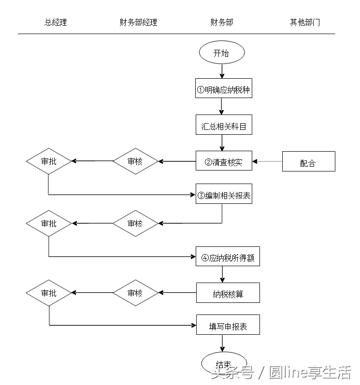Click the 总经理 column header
[x=56, y=22]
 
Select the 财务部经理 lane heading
[x=138, y=22]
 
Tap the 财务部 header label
[x=222, y=22]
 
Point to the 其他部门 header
[x=304, y=22]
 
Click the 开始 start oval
[x=222, y=53]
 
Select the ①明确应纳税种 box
[x=224, y=89]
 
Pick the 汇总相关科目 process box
[x=224, y=126]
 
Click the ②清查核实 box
[x=224, y=161]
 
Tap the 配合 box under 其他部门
[x=308, y=162]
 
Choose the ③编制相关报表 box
[x=224, y=195]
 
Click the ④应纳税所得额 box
[x=228, y=257]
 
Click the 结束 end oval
[x=224, y=363]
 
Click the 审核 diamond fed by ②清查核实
[x=135, y=161]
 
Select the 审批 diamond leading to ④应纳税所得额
[x=49, y=223]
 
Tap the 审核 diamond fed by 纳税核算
[x=135, y=293]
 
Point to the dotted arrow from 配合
[x=267, y=161]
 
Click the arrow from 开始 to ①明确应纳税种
[x=222, y=71]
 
